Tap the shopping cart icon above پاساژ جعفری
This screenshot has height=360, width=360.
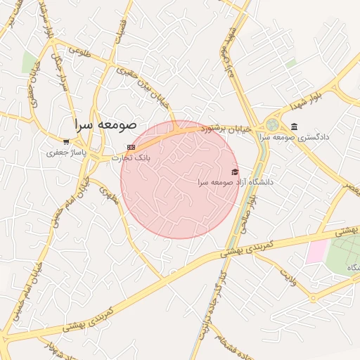[x=65, y=141]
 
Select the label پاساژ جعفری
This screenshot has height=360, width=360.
[x=65, y=152]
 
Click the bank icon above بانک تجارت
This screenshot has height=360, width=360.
[x=131, y=147]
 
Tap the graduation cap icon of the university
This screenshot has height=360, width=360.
[x=235, y=172]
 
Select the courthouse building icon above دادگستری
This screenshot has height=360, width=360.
[x=293, y=127]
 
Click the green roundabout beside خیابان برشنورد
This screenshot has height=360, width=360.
[x=271, y=125]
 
